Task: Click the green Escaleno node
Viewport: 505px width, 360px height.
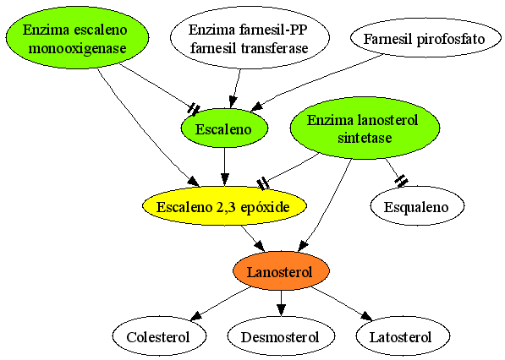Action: (224, 128)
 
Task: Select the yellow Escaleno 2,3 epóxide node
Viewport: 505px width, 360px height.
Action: (224, 206)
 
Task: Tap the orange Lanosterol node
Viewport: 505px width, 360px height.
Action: (281, 271)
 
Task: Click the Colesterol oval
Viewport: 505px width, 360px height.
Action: (159, 336)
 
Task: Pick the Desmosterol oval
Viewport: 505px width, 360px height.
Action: (281, 336)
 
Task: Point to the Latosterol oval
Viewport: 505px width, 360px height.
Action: (403, 336)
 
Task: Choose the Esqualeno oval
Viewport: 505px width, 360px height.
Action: (417, 206)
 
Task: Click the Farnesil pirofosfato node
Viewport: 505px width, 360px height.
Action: (425, 39)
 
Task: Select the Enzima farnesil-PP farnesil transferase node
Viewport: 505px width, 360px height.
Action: (250, 38)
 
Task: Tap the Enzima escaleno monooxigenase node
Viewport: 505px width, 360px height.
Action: (77, 38)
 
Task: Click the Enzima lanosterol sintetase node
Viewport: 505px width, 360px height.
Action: (365, 128)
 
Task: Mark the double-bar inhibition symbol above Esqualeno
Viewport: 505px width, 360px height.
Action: (401, 181)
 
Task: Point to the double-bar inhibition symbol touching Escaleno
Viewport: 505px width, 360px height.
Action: (194, 109)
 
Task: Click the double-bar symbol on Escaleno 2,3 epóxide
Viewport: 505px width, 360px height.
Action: (263, 183)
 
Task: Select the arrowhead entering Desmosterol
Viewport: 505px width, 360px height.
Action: (281, 310)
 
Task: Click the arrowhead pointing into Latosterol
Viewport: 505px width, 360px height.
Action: (366, 316)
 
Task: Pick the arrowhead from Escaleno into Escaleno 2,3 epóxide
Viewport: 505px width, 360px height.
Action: (225, 180)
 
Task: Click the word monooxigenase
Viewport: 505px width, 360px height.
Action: (77, 48)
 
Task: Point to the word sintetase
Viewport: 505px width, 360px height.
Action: (365, 138)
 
